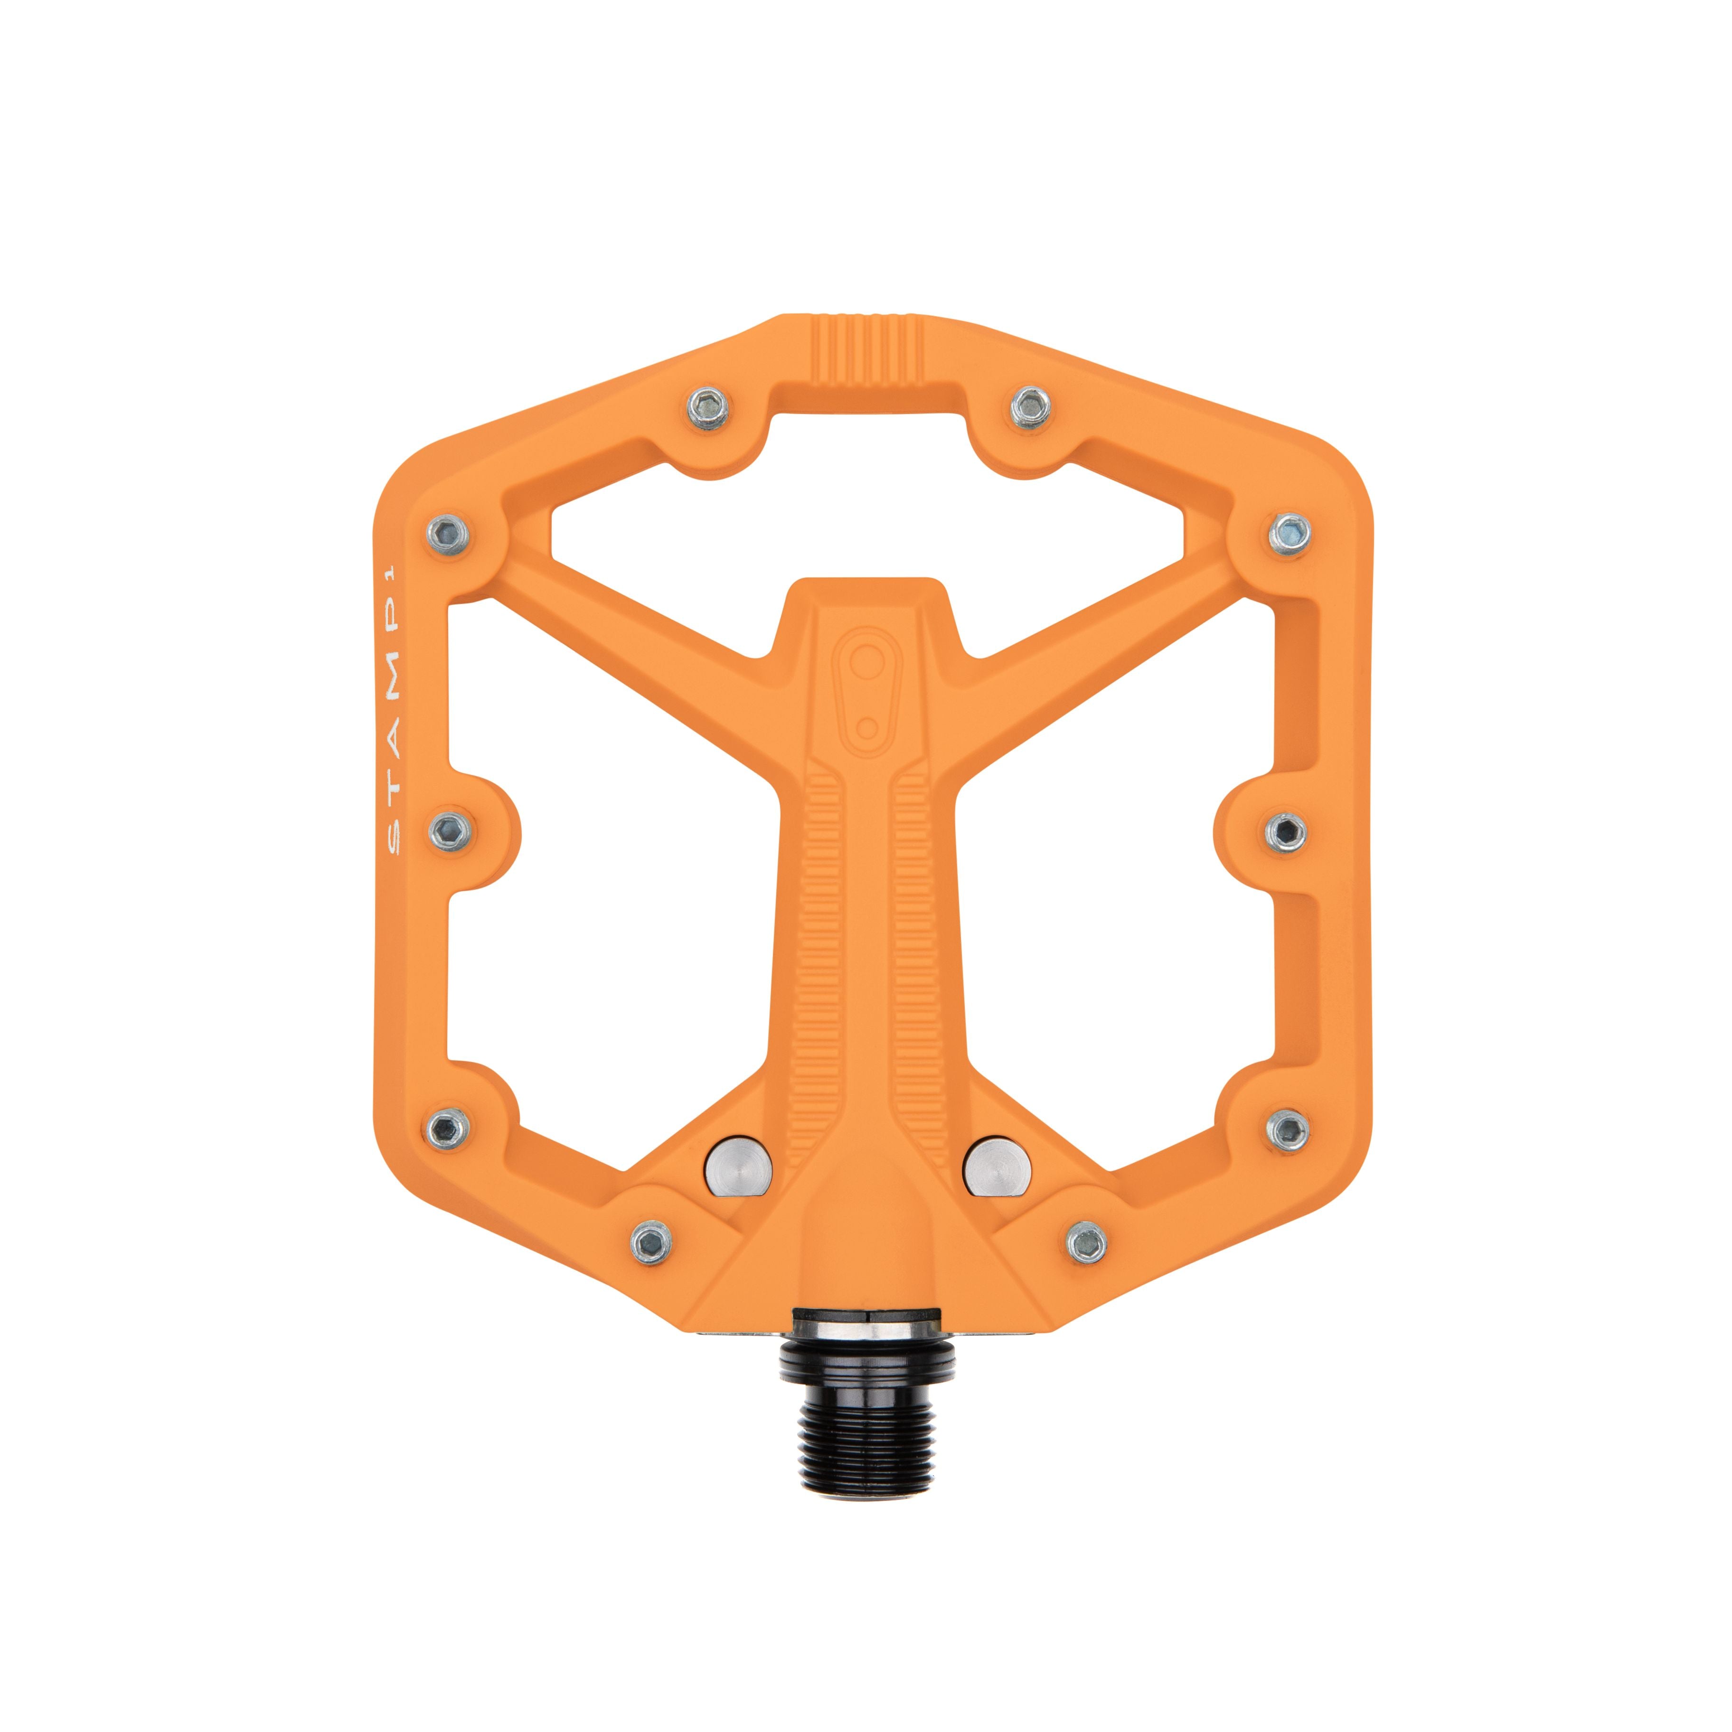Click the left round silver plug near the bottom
point(738,1170)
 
